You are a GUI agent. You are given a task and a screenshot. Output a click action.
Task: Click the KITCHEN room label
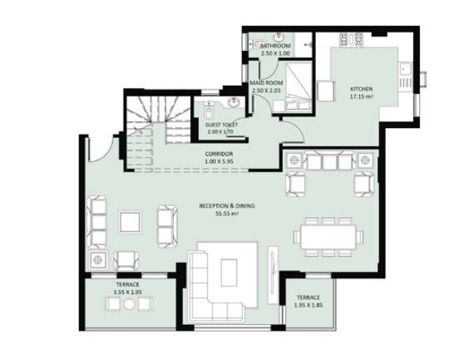click(361, 89)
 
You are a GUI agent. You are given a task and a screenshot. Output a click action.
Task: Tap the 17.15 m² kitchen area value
click(362, 96)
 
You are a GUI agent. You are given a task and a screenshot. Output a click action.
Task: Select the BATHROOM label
click(275, 45)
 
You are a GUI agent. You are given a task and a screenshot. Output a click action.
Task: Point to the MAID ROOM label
click(266, 83)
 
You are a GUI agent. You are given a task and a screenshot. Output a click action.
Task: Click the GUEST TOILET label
click(221, 125)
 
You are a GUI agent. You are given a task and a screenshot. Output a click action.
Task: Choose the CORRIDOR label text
click(219, 154)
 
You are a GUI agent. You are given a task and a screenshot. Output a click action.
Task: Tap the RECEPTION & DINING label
click(227, 206)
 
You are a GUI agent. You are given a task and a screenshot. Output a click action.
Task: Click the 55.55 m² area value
click(227, 214)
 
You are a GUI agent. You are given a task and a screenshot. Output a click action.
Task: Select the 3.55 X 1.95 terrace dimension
click(127, 292)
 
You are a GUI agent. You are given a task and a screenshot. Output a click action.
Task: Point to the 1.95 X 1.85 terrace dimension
click(308, 305)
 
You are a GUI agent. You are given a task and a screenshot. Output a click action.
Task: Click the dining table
click(328, 236)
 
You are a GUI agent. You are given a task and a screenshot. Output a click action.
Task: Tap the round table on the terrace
click(129, 305)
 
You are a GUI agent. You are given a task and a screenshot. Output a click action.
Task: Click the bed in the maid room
click(298, 87)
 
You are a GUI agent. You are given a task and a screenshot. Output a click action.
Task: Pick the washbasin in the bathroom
click(279, 37)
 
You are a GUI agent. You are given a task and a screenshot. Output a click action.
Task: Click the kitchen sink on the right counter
click(405, 69)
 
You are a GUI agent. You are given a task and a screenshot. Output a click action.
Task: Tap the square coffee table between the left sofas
click(130, 222)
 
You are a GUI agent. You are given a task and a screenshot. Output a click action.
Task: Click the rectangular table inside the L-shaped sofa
click(229, 273)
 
